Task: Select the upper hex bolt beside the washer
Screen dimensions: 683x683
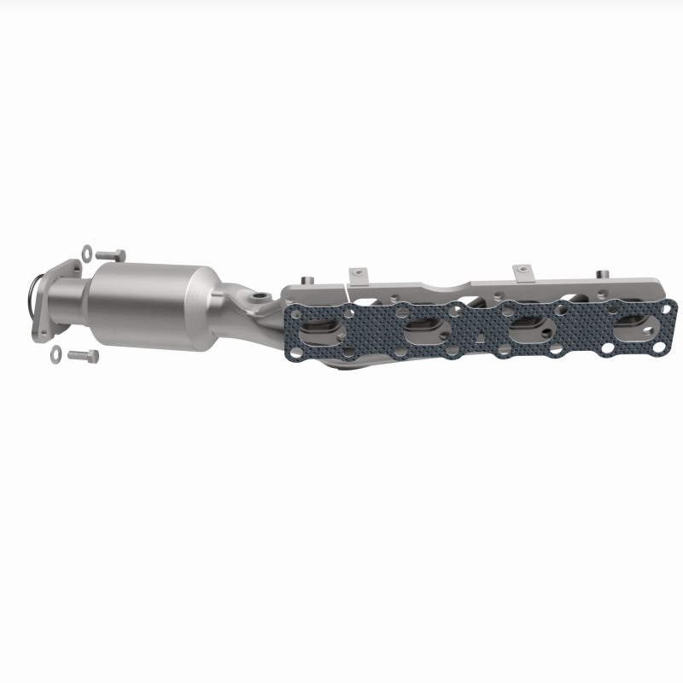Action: tap(111, 254)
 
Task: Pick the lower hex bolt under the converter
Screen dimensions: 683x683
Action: tap(82, 354)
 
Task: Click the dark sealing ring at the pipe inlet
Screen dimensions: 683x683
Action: tap(31, 294)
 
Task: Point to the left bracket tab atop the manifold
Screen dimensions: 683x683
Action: tap(357, 275)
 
